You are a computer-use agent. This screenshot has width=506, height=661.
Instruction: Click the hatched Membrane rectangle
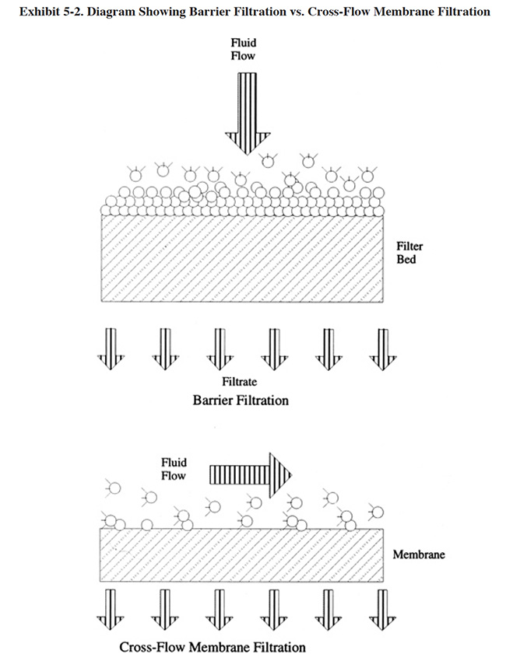click(241, 555)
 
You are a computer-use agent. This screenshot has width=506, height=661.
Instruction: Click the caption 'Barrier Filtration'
click(241, 400)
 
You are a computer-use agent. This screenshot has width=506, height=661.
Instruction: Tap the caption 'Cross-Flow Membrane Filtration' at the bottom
click(213, 646)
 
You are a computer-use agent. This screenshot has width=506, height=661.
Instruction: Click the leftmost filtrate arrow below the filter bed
click(111, 348)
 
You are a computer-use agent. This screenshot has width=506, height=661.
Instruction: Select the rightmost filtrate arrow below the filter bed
click(381, 348)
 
